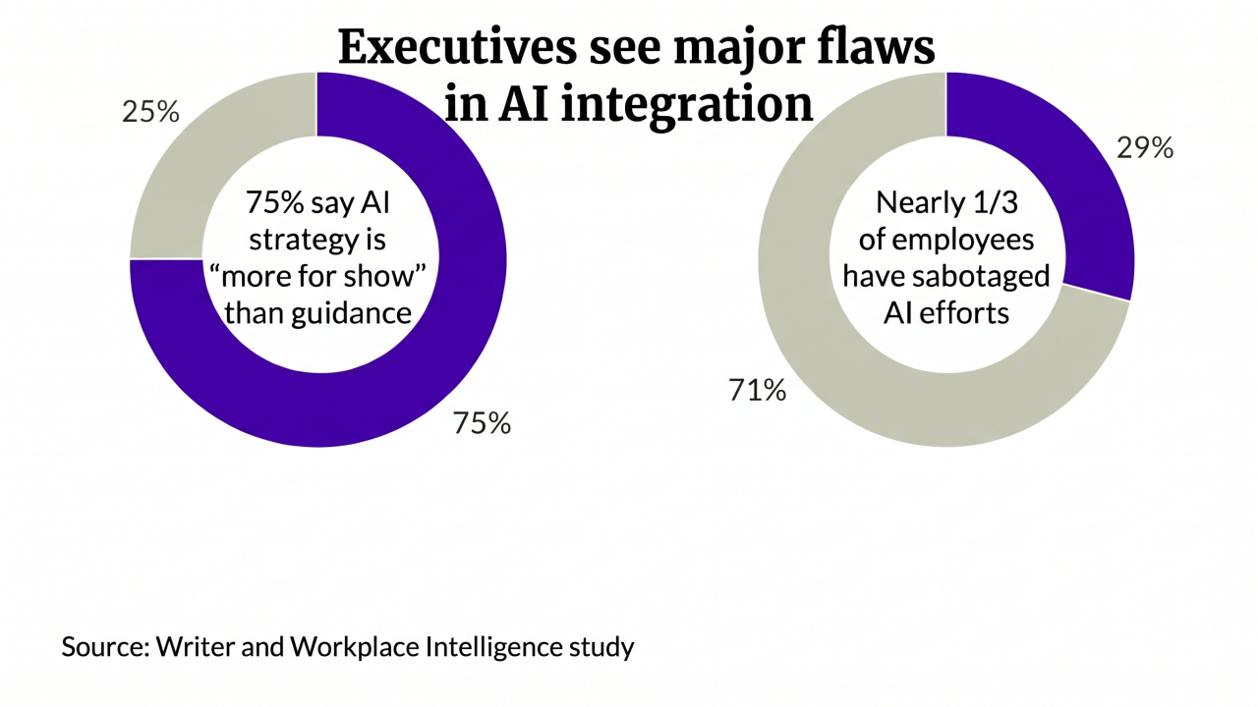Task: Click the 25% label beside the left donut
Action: click(150, 112)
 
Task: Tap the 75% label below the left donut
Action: click(482, 423)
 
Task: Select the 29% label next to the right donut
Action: click(1145, 148)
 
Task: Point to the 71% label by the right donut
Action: click(757, 391)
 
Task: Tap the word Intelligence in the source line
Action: click(495, 648)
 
